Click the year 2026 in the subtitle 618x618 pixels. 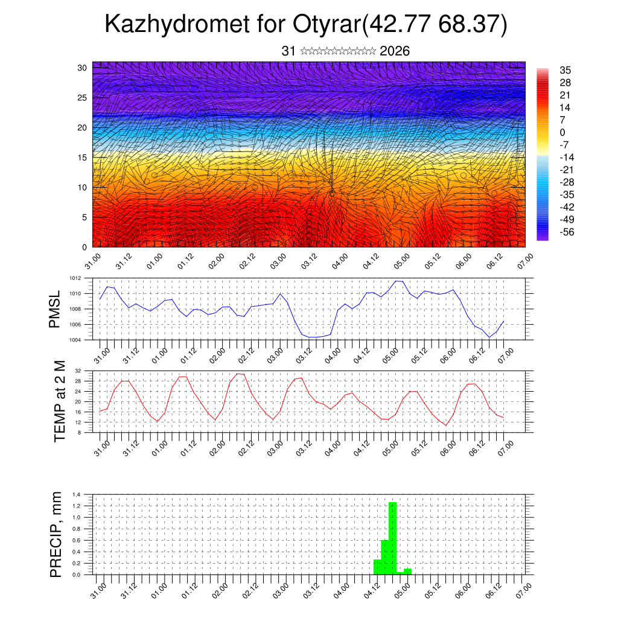pyautogui.click(x=395, y=51)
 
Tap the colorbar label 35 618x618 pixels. pyautogui.click(x=565, y=70)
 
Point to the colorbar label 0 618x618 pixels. pyautogui.click(x=562, y=132)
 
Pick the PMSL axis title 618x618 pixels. pyautogui.click(x=56, y=309)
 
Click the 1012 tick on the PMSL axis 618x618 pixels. pyautogui.click(x=74, y=278)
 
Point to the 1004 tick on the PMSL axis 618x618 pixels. pyautogui.click(x=74, y=340)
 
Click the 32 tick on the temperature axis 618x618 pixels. pyautogui.click(x=78, y=371)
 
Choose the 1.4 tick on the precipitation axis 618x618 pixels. pyautogui.click(x=77, y=494)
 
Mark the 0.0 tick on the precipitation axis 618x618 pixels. pyautogui.click(x=77, y=575)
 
